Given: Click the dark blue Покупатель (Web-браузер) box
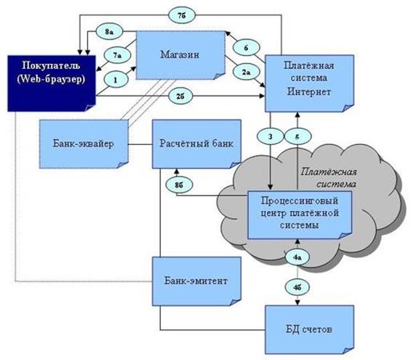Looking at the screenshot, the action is click(52, 84).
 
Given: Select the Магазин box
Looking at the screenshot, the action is click(180, 55).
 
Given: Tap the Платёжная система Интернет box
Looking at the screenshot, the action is click(309, 84).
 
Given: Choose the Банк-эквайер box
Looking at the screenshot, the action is click(84, 144).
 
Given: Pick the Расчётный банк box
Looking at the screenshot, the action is click(196, 144).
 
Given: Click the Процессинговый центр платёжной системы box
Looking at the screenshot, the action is click(300, 215).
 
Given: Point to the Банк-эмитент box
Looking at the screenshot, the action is click(196, 281).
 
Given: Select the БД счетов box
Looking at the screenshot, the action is click(309, 329).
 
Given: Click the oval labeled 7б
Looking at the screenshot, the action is click(182, 15).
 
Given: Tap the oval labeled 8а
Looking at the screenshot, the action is click(109, 32).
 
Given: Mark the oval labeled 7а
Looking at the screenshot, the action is click(117, 55).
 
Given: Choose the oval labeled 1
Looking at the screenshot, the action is click(116, 80).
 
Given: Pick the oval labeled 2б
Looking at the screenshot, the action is click(180, 96).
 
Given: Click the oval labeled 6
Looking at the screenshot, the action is click(246, 48).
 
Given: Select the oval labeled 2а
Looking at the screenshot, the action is click(246, 72).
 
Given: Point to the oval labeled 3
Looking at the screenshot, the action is click(271, 137).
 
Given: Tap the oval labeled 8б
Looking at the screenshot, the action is click(179, 185).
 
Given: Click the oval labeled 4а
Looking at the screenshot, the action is click(298, 257).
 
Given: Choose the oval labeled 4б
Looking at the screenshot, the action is click(298, 287).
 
